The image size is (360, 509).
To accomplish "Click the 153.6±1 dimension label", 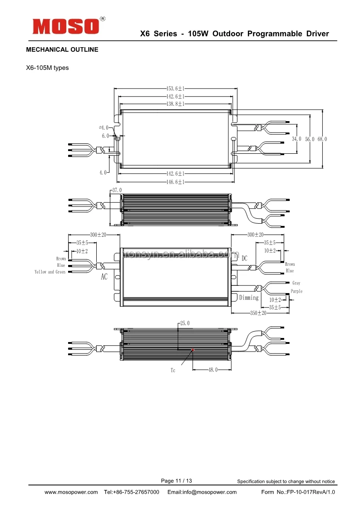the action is (175, 88).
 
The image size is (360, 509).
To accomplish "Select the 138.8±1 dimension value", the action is (175, 104).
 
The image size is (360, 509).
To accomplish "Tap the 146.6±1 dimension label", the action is (175, 182).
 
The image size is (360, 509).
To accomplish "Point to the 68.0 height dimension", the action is (322, 139).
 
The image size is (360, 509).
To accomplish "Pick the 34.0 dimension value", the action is (296, 139).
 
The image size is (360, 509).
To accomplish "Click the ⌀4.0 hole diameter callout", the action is (104, 127).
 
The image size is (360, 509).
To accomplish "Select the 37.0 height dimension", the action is (117, 190).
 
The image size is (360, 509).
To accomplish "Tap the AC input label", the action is (104, 277).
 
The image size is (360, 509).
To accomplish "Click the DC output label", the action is (244, 259).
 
